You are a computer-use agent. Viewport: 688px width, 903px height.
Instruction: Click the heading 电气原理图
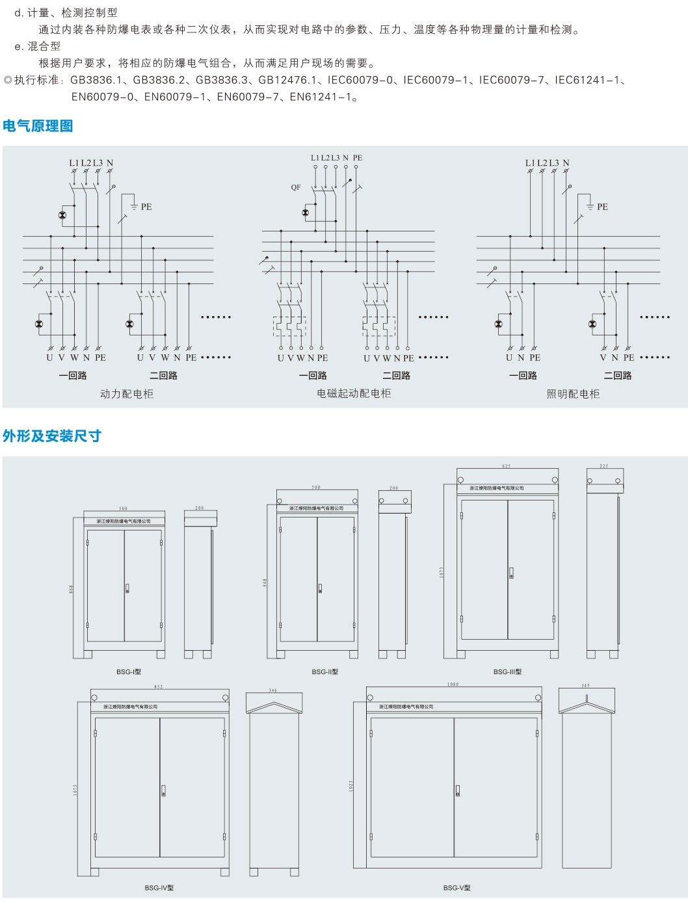[x=38, y=126]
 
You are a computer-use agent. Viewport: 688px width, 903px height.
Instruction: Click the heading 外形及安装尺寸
[x=52, y=436]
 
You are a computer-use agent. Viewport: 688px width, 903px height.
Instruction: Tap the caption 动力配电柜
[x=127, y=394]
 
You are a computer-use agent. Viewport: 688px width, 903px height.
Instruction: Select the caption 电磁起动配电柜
[x=354, y=393]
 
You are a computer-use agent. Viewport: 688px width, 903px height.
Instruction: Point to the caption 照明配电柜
[x=573, y=394]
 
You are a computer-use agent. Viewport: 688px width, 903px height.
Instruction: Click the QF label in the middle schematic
[x=296, y=188]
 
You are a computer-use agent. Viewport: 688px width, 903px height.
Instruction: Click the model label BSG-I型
[x=129, y=672]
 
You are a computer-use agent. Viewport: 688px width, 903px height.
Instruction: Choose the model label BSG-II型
[x=325, y=672]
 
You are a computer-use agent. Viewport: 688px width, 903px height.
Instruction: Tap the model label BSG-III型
[x=507, y=672]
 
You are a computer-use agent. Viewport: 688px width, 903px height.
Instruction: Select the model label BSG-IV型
[x=159, y=887]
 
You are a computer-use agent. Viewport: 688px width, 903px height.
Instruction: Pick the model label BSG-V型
[x=457, y=887]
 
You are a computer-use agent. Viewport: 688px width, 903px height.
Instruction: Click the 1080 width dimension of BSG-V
[x=453, y=685]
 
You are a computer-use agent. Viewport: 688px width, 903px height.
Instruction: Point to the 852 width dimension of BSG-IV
[x=159, y=687]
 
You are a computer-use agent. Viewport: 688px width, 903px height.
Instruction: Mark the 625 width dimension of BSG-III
[x=507, y=466]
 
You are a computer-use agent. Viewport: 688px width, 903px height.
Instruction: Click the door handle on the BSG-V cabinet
[x=458, y=791]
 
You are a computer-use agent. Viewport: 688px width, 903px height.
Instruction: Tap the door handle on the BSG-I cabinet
[x=127, y=589]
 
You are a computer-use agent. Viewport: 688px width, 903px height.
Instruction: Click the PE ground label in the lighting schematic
[x=602, y=207]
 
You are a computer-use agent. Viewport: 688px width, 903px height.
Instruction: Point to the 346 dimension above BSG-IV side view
[x=273, y=690]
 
